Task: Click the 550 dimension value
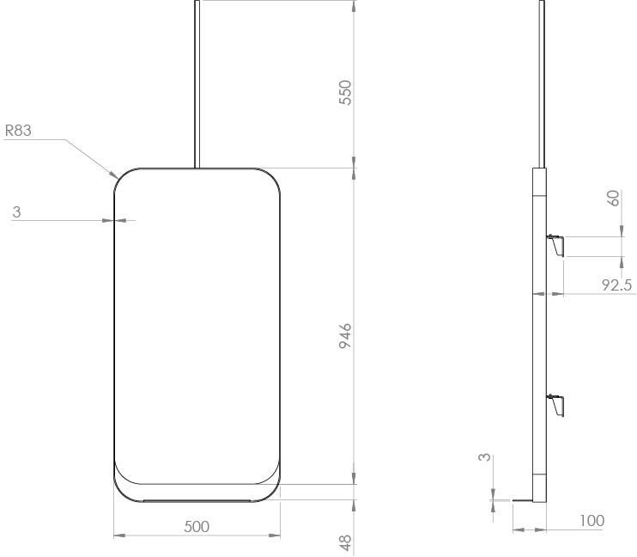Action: tap(346, 93)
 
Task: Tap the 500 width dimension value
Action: tap(197, 525)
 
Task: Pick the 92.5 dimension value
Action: tap(616, 284)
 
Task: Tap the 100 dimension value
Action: tap(591, 520)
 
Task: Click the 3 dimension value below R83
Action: tap(16, 211)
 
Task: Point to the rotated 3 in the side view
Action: tap(485, 458)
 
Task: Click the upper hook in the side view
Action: tap(556, 246)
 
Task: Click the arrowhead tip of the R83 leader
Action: tap(117, 175)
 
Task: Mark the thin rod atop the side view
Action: tap(541, 82)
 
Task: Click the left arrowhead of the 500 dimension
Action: tap(118, 536)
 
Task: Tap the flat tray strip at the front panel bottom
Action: tap(197, 499)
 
